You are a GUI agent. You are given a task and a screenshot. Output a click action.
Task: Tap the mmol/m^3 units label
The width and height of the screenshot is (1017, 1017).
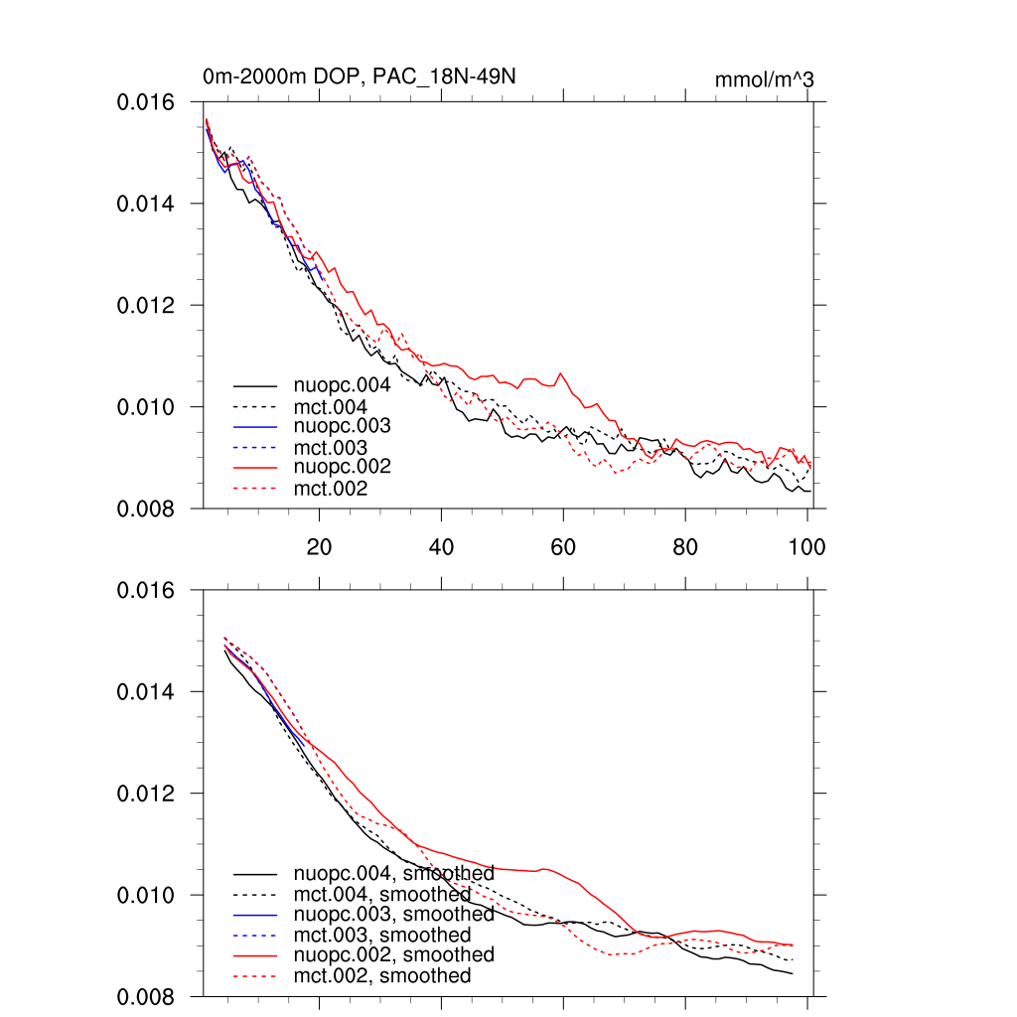(764, 79)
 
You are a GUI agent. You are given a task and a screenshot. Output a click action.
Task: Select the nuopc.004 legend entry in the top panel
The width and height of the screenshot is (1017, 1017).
(335, 385)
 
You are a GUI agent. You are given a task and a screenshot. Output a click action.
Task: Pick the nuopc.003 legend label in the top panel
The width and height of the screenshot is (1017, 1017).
(335, 426)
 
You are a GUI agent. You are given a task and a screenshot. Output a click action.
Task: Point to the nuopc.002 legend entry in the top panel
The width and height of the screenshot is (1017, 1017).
(335, 467)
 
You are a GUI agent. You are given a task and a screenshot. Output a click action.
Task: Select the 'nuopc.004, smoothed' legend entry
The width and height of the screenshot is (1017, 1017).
(393, 874)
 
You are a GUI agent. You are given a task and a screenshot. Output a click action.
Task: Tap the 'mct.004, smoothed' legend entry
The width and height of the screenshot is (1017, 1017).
(381, 895)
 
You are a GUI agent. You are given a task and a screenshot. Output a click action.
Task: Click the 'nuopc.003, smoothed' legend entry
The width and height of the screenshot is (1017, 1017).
(393, 914)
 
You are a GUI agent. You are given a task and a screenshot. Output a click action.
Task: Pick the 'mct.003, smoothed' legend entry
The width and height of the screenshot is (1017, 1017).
(381, 936)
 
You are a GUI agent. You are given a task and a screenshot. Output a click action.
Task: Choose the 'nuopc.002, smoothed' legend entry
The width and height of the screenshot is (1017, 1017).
(393, 954)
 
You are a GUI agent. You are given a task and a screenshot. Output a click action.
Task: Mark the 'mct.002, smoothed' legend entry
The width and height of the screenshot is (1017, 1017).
(381, 976)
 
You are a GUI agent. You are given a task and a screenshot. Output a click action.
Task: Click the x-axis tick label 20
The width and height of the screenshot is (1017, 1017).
(319, 546)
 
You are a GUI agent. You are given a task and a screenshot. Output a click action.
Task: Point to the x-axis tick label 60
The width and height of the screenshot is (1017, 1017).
(563, 546)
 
